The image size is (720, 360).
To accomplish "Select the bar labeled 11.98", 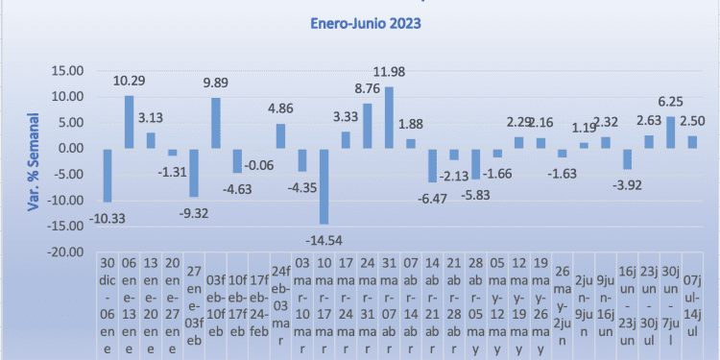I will pyautogui.click(x=389, y=117).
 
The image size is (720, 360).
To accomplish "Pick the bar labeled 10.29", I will pyautogui.click(x=129, y=122).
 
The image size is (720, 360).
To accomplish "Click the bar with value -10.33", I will pyautogui.click(x=107, y=175).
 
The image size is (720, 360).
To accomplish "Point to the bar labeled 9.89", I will pyautogui.click(x=215, y=123).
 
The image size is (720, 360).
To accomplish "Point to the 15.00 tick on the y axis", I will pyautogui.click(x=68, y=70).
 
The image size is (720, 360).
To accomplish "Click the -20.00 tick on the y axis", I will pyautogui.click(x=65, y=252).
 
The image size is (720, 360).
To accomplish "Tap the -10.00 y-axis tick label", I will pyautogui.click(x=65, y=200).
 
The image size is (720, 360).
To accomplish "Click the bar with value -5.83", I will pyautogui.click(x=475, y=163).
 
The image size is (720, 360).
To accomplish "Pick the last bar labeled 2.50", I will pyautogui.click(x=692, y=142).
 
